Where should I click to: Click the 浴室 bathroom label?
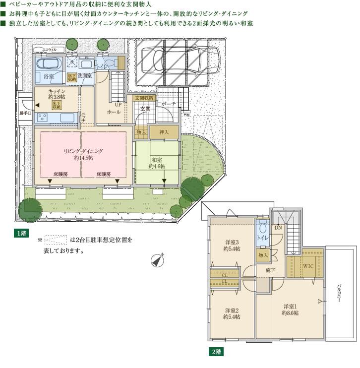pos(48,77)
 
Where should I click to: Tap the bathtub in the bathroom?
pos(48,64)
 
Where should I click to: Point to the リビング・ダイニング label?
pos(82,151)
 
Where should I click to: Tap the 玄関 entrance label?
pos(145,109)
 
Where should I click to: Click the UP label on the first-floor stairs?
pos(118,105)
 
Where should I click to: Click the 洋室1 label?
pos(291,307)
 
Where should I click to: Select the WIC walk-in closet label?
pos(308,266)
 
